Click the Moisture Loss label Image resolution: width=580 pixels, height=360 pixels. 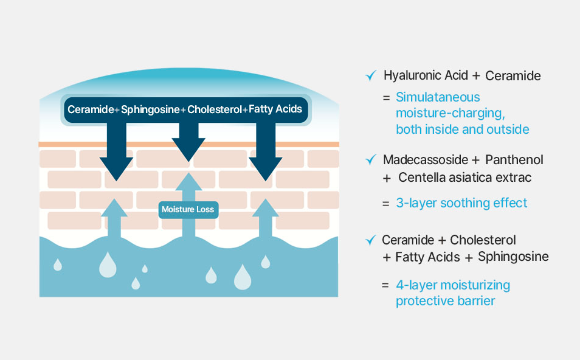click(188, 209)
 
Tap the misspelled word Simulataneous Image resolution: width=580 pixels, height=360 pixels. click(438, 97)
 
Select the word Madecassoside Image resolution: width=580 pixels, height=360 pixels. click(426, 160)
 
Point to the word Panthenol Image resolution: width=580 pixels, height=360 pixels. click(514, 160)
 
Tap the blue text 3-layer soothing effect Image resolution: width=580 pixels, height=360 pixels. click(461, 203)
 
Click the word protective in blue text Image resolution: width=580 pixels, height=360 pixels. click(425, 301)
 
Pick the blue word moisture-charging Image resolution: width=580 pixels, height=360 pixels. click(450, 113)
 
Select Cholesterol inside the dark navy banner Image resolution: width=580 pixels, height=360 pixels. click(215, 109)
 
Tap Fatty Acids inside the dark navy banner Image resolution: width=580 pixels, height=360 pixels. click(275, 109)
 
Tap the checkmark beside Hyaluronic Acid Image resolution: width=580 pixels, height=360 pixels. click(371, 75)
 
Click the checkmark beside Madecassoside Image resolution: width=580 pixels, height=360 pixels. click(371, 159)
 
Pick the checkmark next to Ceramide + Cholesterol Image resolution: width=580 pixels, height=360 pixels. click(371, 240)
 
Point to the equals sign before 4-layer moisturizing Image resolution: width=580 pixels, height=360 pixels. click(385, 285)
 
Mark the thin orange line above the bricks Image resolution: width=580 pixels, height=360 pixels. click(188, 144)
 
